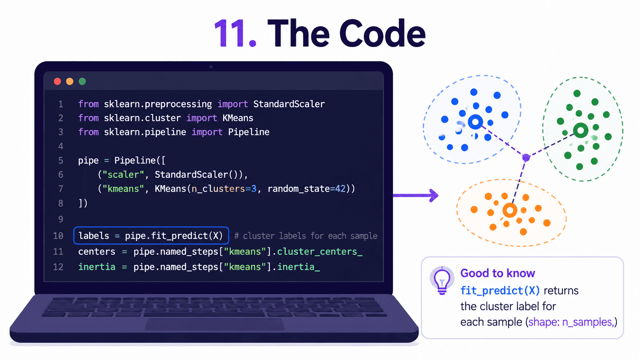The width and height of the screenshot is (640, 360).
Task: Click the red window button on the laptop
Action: (x=57, y=81)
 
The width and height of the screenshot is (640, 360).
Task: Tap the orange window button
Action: (x=70, y=81)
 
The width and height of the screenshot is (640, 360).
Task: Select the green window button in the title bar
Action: (x=82, y=81)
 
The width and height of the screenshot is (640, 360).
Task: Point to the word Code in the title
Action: (x=382, y=33)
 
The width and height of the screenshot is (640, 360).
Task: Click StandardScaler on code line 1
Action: (x=289, y=104)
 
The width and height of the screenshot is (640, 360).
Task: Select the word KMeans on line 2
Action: (x=238, y=118)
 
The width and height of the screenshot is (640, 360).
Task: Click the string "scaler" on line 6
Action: (x=123, y=174)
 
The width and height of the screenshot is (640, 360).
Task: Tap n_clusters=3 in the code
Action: (x=224, y=189)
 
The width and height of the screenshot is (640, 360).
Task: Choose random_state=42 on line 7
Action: (x=307, y=189)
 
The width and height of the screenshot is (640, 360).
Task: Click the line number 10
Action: (x=58, y=236)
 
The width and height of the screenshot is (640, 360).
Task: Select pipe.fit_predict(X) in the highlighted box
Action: (x=174, y=236)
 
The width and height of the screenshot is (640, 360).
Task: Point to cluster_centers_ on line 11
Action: (x=320, y=251)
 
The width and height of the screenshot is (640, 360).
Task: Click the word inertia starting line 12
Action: (x=97, y=267)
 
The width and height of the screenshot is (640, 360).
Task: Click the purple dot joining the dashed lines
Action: (x=526, y=157)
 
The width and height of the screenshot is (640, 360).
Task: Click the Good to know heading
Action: (x=498, y=273)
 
